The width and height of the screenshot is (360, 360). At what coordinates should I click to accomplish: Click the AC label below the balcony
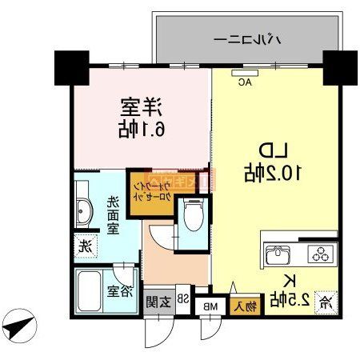(x=245, y=82)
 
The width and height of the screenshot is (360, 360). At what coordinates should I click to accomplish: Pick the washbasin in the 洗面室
(x=86, y=213)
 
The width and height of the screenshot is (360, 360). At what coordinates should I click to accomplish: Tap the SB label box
(x=183, y=299)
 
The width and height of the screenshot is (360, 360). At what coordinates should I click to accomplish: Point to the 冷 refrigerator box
(x=325, y=302)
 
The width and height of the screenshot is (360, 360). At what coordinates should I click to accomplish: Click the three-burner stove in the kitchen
(x=319, y=256)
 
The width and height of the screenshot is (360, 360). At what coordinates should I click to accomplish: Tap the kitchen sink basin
(x=278, y=256)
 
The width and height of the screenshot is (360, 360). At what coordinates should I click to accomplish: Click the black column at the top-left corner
(x=70, y=67)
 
